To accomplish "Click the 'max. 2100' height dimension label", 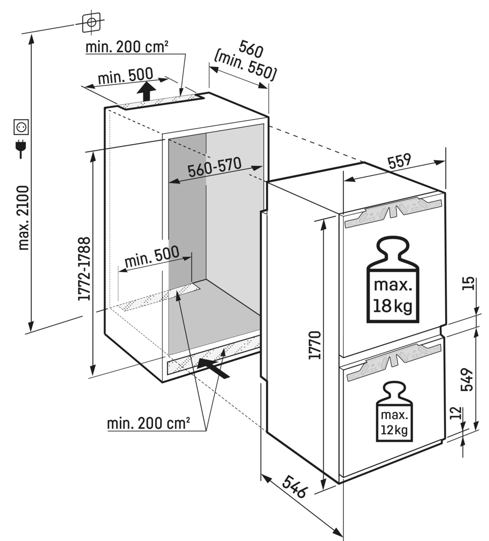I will (23, 217).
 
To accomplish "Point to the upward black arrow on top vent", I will (145, 92).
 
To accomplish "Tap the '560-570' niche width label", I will (215, 169).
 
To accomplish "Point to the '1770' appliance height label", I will (315, 345).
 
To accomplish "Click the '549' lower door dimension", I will (467, 380).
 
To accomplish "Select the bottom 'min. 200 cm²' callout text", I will (148, 424).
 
